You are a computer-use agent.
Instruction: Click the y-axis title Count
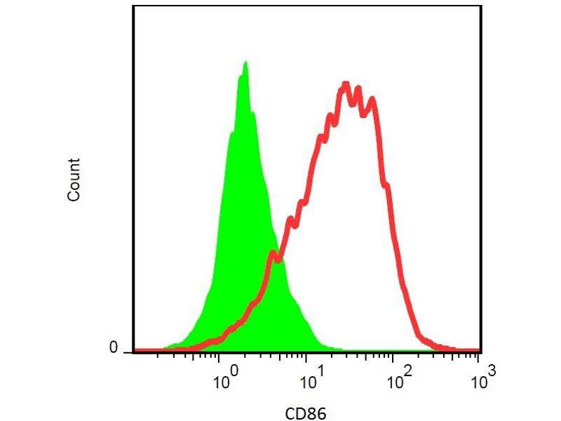click(x=74, y=180)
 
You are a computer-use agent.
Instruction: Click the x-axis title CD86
click(x=306, y=413)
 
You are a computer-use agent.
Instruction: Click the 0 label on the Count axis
click(x=113, y=347)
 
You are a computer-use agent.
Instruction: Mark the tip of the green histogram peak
click(x=245, y=62)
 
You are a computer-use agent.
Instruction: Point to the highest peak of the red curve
click(x=345, y=84)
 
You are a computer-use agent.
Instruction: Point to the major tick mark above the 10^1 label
click(x=306, y=356)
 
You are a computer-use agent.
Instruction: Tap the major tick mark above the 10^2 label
click(x=393, y=356)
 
